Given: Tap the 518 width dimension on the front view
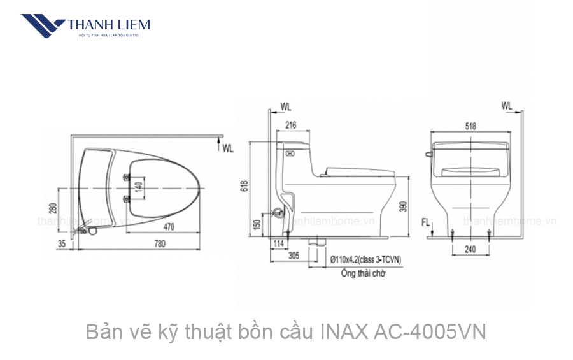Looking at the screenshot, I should point(470,126).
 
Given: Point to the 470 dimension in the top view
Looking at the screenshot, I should point(169,226).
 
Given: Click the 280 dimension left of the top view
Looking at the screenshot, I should point(53,208).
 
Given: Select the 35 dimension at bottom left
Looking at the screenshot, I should point(61,243).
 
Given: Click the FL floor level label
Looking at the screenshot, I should point(426,222).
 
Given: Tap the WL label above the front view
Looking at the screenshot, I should point(507,105).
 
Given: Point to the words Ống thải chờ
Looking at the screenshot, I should point(358,272).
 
